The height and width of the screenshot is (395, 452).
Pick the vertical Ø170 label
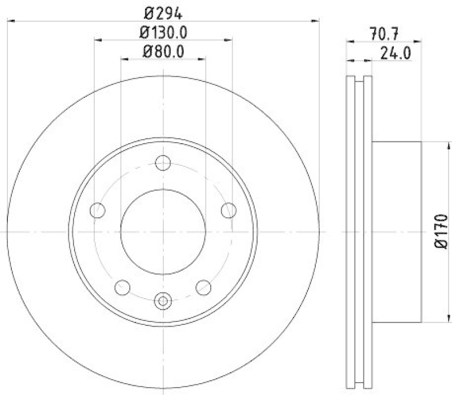[x=441, y=231]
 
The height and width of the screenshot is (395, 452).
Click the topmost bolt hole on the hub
[x=163, y=163]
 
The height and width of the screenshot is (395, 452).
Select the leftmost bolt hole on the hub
[x=98, y=211]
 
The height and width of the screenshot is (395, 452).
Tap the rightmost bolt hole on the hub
[x=228, y=211]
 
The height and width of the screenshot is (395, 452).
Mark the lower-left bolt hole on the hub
[x=122, y=287]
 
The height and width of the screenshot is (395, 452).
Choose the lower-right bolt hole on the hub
[x=203, y=287]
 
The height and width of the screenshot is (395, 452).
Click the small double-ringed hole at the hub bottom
[x=163, y=300]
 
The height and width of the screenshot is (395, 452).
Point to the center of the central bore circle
[x=163, y=232]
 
